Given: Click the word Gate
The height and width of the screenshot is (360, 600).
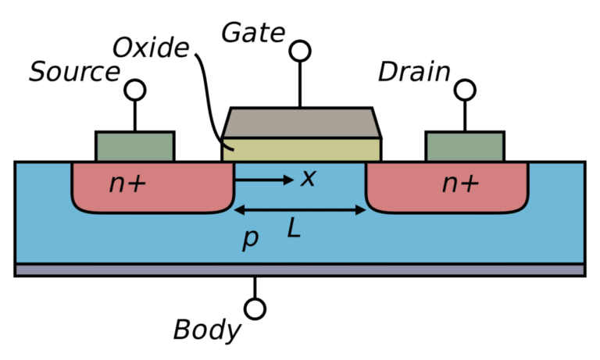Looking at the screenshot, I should (x=252, y=33).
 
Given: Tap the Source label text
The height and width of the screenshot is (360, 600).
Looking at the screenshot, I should (x=74, y=72).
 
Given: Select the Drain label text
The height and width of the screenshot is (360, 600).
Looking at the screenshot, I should (x=414, y=73).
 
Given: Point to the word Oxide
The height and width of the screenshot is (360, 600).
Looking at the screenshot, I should (x=151, y=48).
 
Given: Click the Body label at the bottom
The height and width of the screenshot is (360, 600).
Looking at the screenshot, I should (x=207, y=330).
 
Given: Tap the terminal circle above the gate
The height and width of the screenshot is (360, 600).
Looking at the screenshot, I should (x=299, y=52).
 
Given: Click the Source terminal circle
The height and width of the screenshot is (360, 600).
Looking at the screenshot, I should (x=135, y=90).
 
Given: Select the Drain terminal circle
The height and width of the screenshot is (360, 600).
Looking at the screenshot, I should (x=466, y=90).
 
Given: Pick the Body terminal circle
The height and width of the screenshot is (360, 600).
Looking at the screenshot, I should (x=255, y=308).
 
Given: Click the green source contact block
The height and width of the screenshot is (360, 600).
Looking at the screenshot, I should (x=134, y=145).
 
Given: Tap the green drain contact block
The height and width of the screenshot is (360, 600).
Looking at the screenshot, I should (x=464, y=145).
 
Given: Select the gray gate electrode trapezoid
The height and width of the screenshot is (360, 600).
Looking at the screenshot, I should (x=302, y=121).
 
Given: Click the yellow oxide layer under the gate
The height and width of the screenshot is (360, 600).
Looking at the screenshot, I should (x=302, y=148).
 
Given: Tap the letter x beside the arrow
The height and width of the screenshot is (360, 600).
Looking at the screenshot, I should (x=309, y=179).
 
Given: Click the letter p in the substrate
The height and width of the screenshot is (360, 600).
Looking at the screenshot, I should (x=250, y=238).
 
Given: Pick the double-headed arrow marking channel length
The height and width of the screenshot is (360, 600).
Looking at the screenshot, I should (x=300, y=209).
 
